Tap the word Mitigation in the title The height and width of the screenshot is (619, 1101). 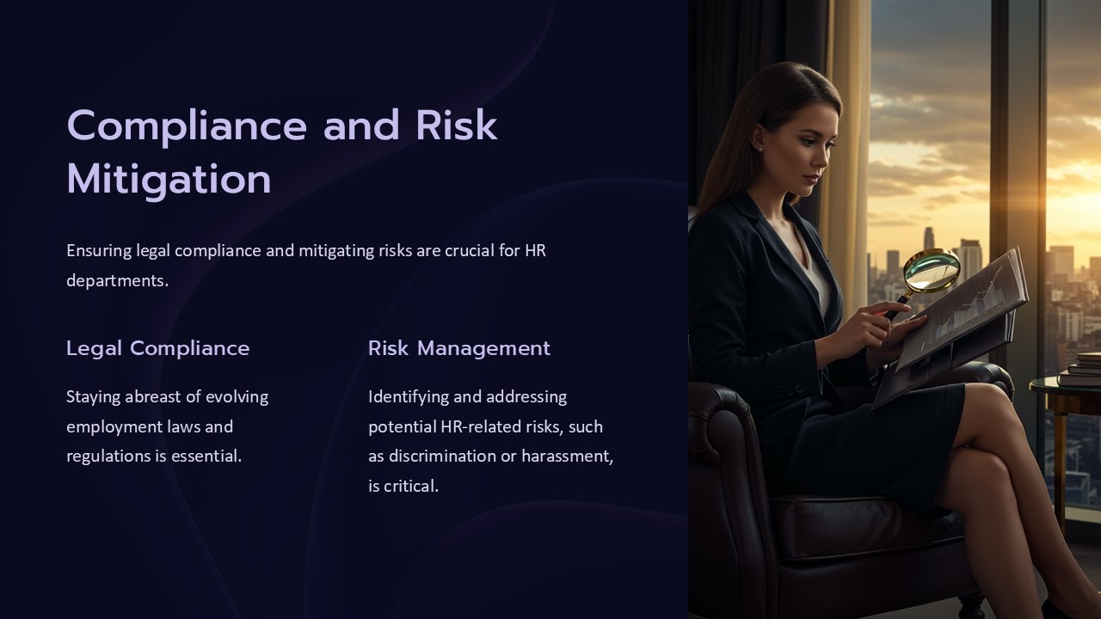(169, 181)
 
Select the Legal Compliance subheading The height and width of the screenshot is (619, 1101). (157, 349)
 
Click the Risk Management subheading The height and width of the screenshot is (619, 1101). (459, 349)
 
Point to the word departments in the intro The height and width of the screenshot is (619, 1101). (118, 281)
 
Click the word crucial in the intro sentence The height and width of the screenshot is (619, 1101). (469, 251)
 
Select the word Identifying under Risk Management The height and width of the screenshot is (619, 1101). (409, 397)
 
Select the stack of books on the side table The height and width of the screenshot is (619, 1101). (1079, 369)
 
